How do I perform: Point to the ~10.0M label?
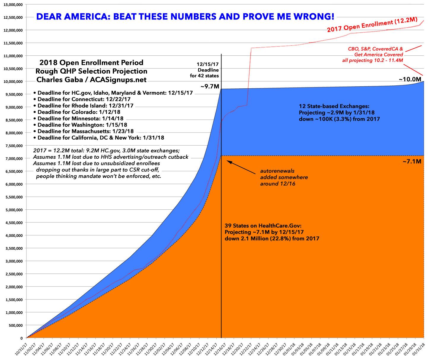(410, 79)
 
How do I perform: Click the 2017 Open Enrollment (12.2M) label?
(372, 26)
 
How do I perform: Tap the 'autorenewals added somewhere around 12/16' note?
(284, 177)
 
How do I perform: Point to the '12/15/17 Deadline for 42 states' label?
(208, 70)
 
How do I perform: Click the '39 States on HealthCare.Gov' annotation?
(272, 232)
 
